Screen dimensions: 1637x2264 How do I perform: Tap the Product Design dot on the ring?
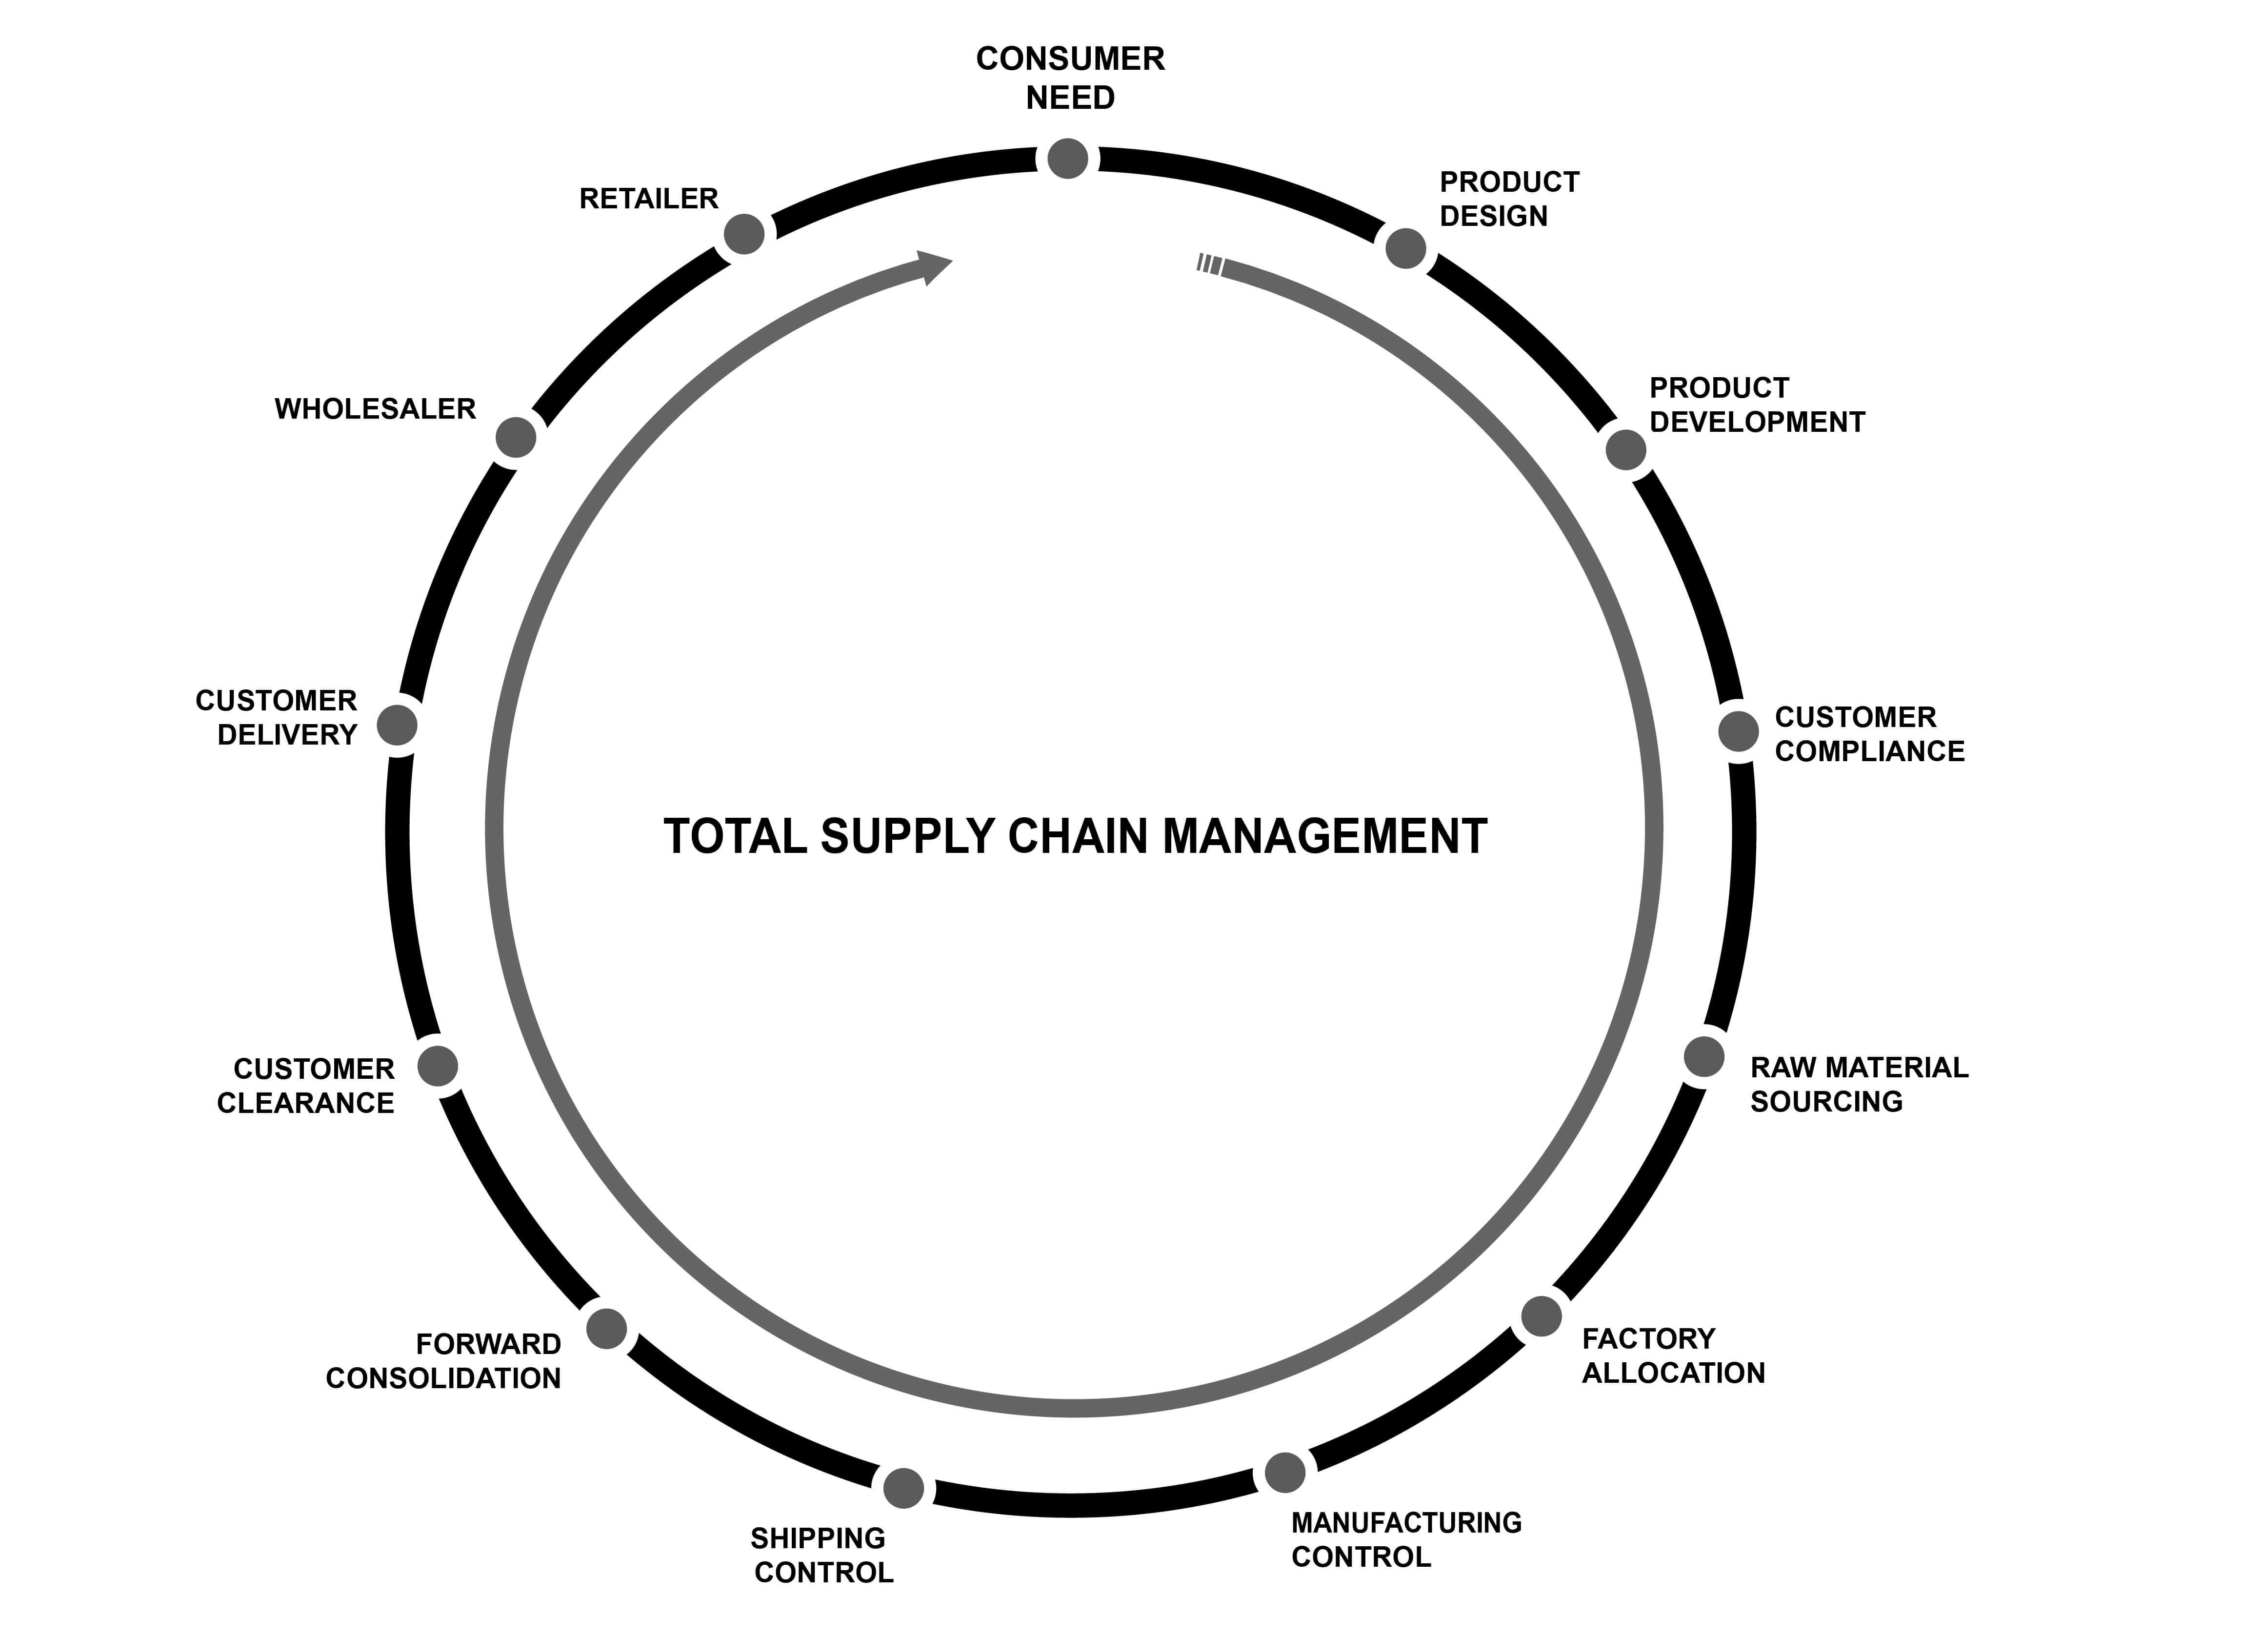[x=1405, y=247]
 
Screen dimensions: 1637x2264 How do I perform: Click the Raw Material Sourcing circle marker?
[x=1704, y=1056]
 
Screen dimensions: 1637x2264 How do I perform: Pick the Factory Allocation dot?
[x=1541, y=1315]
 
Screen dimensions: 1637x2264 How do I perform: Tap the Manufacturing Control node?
[x=1285, y=1472]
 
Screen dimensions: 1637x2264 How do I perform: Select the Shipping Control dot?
[x=903, y=1487]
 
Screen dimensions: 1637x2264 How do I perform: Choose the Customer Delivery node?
[x=397, y=726]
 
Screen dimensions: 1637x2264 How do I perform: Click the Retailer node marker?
[x=743, y=234]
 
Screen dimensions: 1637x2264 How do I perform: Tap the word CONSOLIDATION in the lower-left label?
[x=443, y=1378]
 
